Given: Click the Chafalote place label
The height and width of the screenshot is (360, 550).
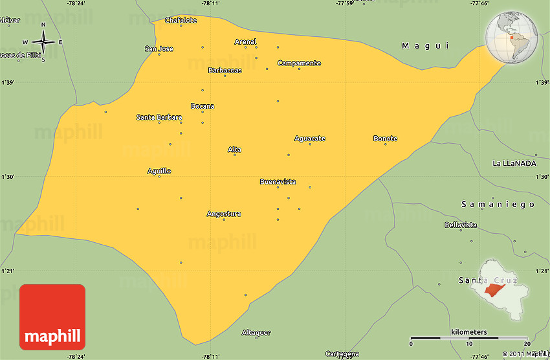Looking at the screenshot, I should pos(181,20).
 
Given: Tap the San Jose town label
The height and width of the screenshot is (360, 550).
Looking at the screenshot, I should pos(159,49).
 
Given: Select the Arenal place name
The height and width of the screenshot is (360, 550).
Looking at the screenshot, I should pos(245,42).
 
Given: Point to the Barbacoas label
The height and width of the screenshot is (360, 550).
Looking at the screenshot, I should pos(225,71).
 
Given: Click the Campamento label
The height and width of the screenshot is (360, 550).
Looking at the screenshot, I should pos(299,63).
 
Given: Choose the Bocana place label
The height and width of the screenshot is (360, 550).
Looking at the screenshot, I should pos(202,106).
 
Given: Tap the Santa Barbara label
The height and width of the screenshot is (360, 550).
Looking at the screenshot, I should pos(159,117).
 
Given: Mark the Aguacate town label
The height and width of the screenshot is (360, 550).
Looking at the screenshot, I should pos(309,139).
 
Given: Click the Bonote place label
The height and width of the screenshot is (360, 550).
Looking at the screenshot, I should pos(385,139).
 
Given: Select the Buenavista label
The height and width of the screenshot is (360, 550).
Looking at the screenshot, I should pos(278,182).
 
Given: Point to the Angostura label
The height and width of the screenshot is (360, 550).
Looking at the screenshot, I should pos(224,214).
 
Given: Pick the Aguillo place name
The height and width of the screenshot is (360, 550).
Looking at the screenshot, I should pos(159,171).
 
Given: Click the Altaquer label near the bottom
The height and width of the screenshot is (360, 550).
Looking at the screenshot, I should pos(256,332).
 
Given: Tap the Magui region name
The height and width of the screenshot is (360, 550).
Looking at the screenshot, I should pos(424,45).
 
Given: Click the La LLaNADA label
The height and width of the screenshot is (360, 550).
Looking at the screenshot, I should pos(514,163).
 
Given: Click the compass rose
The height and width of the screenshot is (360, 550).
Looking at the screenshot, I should pos(43,43).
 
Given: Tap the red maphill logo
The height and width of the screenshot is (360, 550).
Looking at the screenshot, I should pos(52,317).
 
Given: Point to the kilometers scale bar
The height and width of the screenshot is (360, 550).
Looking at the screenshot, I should pos(470,338).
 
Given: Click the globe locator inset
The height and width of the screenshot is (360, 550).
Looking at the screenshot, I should pos(513,38).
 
